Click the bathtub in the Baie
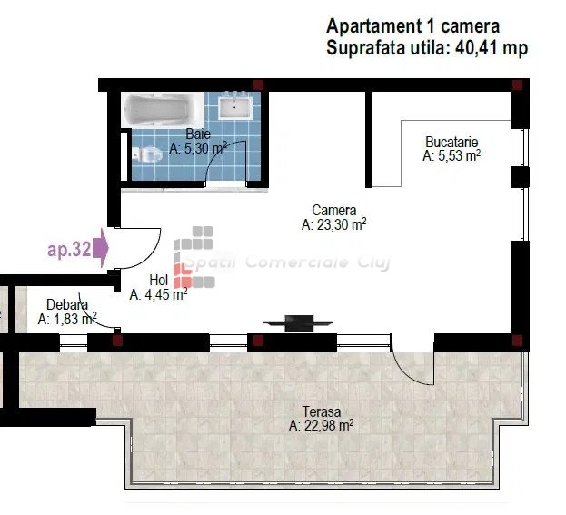click(x=163, y=109)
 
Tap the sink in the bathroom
click(x=235, y=105)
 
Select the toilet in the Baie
click(x=146, y=154)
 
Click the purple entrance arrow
click(x=101, y=248)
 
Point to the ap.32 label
click(x=69, y=249)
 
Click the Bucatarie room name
click(x=452, y=142)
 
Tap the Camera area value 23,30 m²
click(x=334, y=224)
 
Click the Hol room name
click(x=159, y=280)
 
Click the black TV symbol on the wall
click(x=299, y=323)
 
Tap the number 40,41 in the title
click(x=475, y=47)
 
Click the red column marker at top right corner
click(x=517, y=85)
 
